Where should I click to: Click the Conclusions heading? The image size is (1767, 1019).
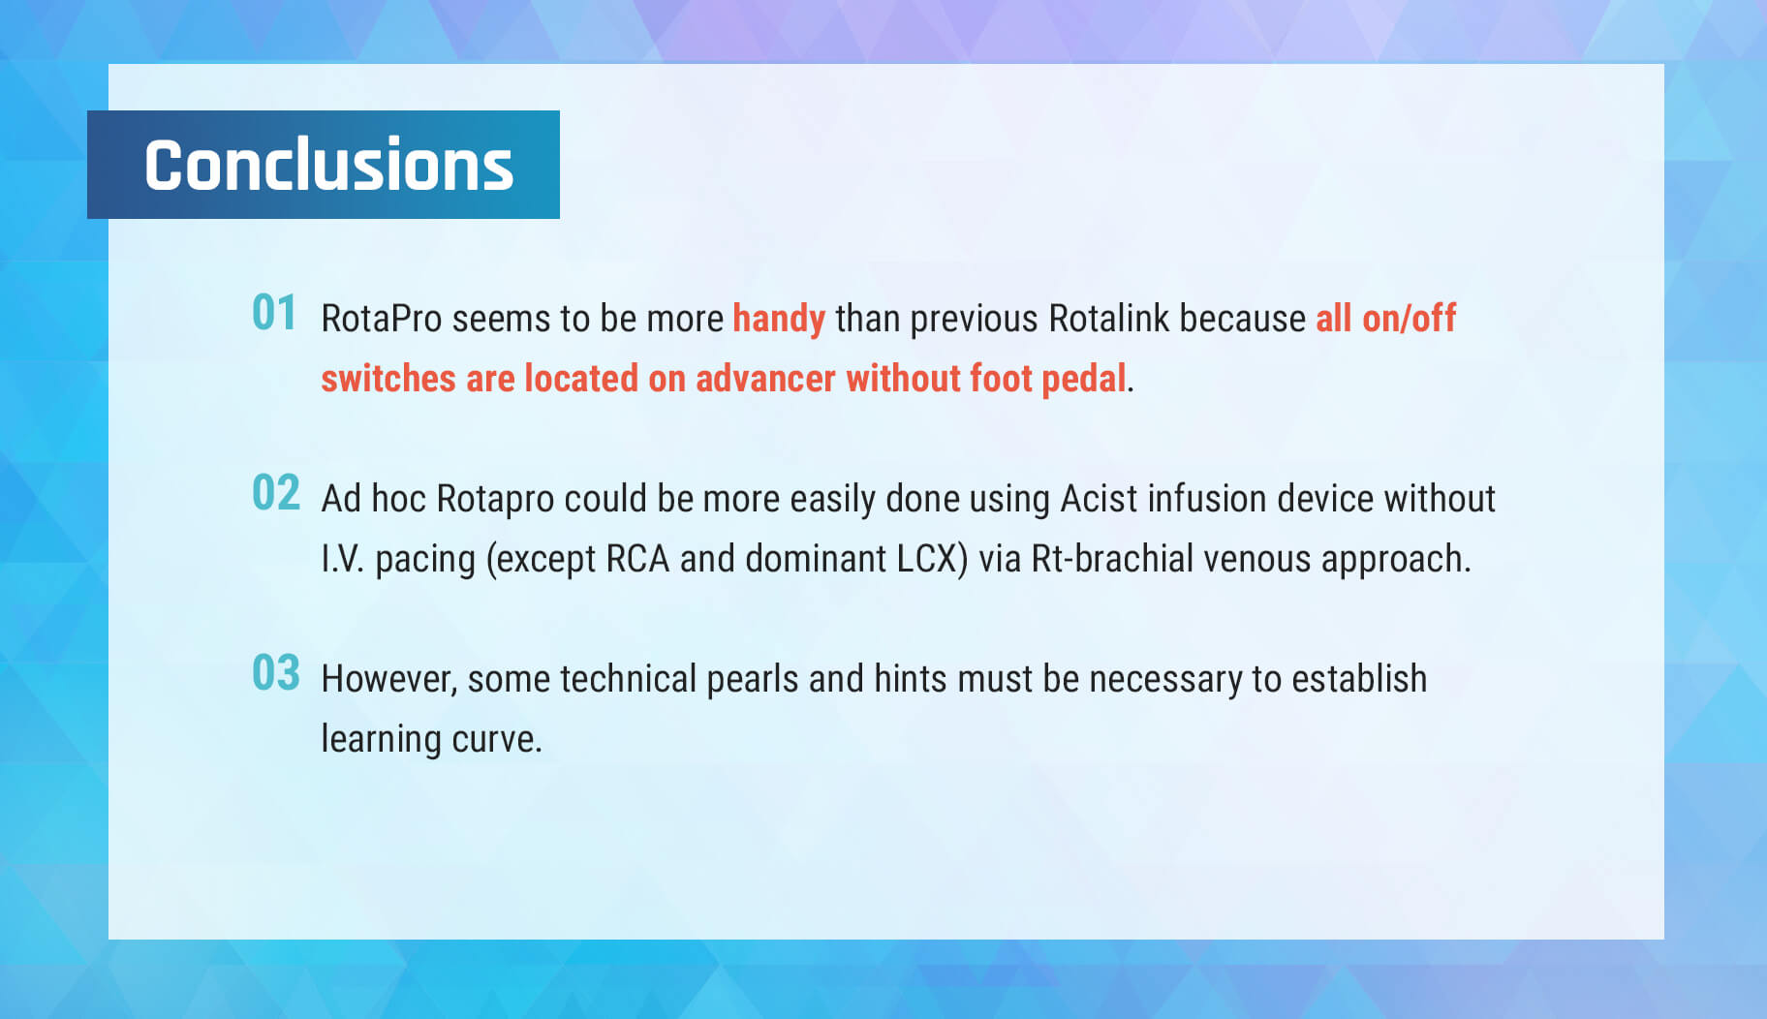click(x=328, y=165)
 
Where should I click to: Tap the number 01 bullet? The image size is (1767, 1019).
click(x=274, y=313)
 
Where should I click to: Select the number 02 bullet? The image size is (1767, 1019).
click(x=276, y=493)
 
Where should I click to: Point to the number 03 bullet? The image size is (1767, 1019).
click(x=276, y=673)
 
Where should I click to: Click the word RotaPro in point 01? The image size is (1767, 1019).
click(x=382, y=319)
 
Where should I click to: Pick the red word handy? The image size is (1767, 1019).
click(x=779, y=320)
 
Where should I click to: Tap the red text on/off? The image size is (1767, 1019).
click(x=1410, y=319)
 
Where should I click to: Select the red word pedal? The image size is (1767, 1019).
click(x=1084, y=380)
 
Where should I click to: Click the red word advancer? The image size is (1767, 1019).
click(x=765, y=379)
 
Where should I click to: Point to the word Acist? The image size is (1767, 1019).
click(x=1099, y=499)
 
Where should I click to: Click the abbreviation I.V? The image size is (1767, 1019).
click(x=343, y=559)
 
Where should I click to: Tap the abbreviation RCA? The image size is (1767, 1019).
click(x=637, y=559)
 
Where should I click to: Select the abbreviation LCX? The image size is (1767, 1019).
click(x=928, y=559)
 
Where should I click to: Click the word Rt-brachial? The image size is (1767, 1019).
click(x=1112, y=559)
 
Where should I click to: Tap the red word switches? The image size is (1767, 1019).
click(x=388, y=379)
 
